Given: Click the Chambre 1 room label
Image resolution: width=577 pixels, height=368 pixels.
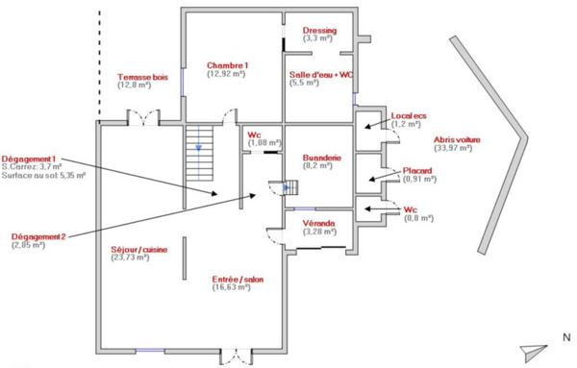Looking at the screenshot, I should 226,64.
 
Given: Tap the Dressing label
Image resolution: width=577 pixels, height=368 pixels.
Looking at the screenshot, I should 319,31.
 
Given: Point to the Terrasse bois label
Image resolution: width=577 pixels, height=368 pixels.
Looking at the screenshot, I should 141,76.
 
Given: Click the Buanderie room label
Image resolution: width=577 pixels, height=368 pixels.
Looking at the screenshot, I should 317,156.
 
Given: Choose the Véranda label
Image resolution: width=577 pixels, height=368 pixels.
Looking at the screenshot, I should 318,222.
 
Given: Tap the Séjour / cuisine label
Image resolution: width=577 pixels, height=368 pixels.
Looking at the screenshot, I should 139,249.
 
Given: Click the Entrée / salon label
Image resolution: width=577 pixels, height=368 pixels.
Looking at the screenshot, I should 238,280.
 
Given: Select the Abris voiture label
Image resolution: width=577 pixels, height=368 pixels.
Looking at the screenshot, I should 458,139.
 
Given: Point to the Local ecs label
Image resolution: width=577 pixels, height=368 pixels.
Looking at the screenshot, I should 406,115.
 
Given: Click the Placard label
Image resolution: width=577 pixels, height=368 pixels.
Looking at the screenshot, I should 417,170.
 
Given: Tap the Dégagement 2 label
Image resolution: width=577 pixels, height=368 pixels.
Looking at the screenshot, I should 39,236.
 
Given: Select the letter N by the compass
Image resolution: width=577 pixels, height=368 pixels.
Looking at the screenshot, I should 565,338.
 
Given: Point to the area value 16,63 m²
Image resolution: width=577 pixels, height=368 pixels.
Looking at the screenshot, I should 238,288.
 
